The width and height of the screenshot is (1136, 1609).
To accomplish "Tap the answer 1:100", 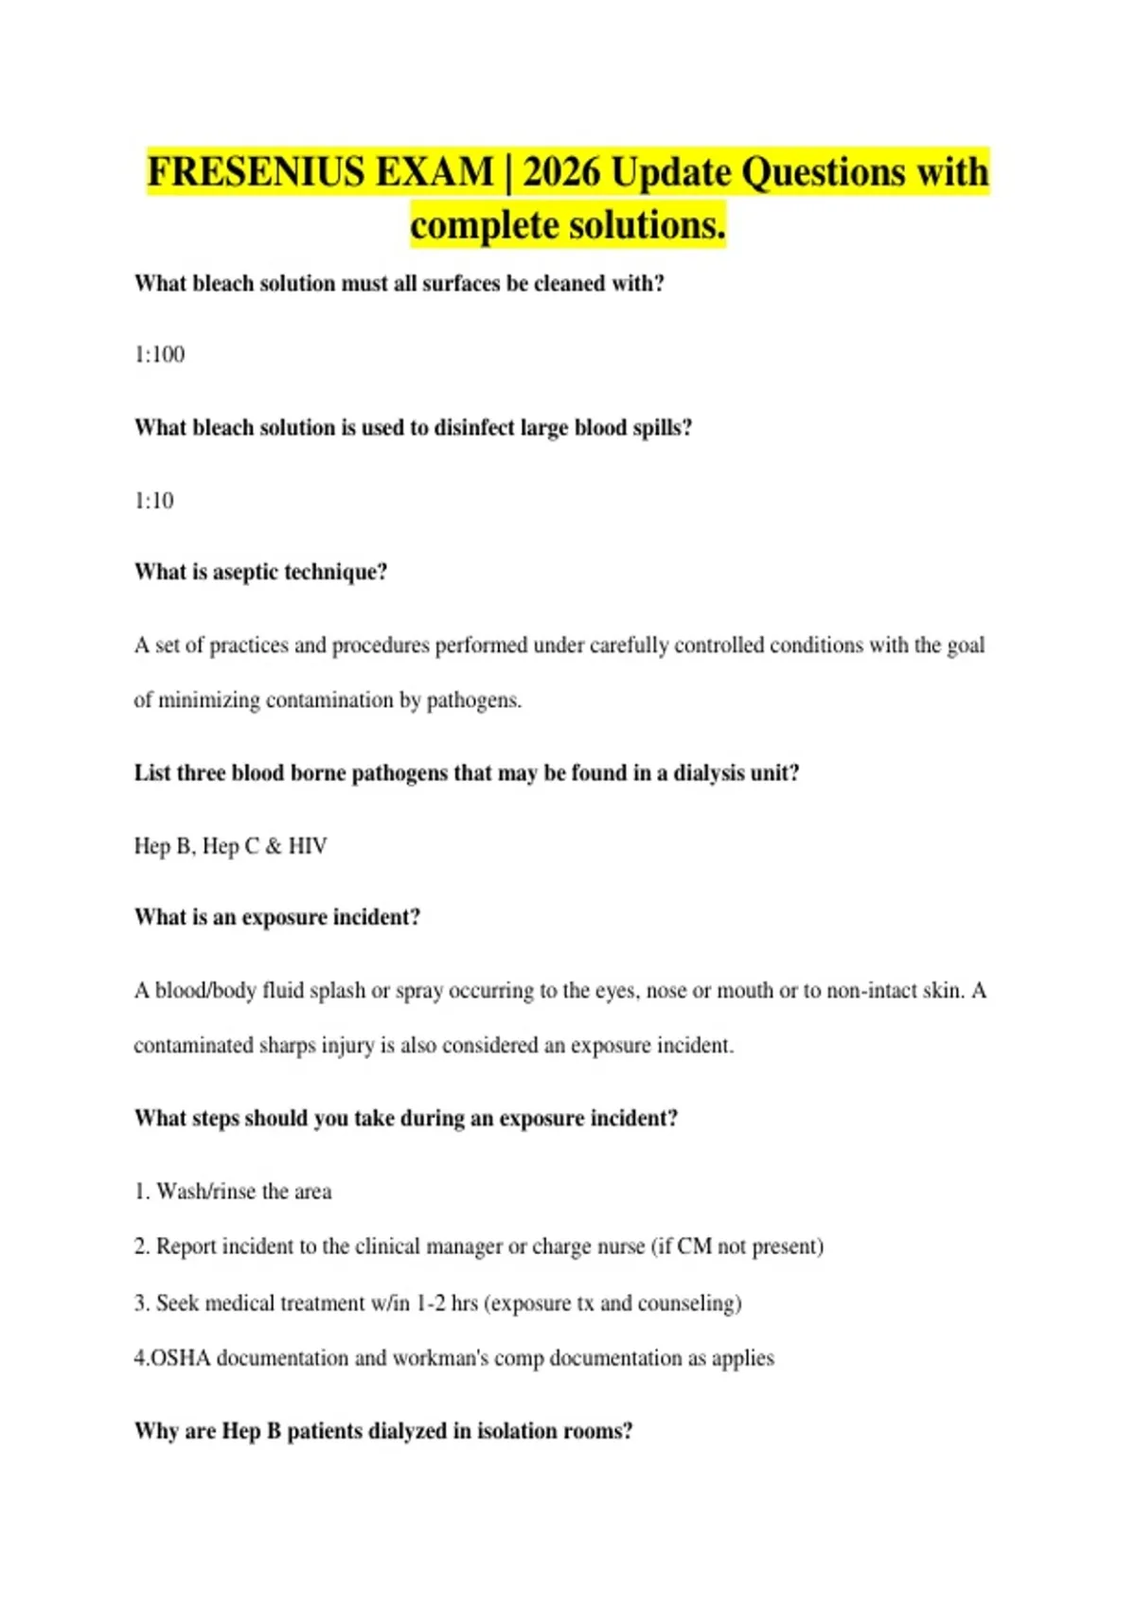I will pos(159,355).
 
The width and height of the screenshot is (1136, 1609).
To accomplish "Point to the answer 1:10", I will pos(154,501).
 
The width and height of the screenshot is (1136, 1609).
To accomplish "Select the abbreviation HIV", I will pos(308,846).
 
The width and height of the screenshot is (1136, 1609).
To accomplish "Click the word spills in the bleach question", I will pos(662,428).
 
